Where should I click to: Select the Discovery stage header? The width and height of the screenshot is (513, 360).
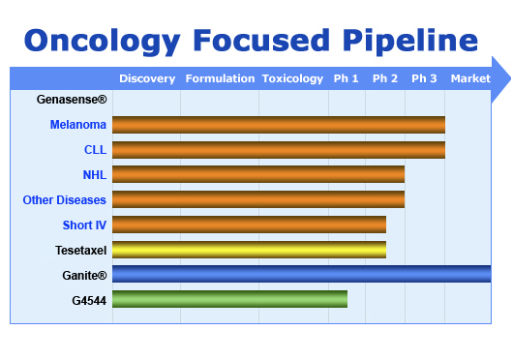147,78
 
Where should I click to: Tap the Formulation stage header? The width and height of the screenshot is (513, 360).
220,78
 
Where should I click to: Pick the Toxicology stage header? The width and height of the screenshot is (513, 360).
292,78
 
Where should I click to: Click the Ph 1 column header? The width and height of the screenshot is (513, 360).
346,78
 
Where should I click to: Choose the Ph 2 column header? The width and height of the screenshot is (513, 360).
385,78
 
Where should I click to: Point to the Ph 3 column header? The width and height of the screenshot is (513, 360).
424,78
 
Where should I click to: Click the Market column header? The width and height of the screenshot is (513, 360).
470,78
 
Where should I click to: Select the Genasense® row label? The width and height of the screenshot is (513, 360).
72,100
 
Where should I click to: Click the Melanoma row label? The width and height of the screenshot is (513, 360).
78,125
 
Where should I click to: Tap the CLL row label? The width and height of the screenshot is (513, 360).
95,150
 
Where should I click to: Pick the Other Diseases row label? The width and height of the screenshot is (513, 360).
65,200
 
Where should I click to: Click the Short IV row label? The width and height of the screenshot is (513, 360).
84,225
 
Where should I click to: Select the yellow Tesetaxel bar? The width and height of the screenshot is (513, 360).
249,250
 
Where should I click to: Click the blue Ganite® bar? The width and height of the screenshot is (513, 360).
301,275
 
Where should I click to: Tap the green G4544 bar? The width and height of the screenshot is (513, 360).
229,300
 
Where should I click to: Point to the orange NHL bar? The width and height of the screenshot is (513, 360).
258,174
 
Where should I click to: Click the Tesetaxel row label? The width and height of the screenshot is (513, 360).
80,251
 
